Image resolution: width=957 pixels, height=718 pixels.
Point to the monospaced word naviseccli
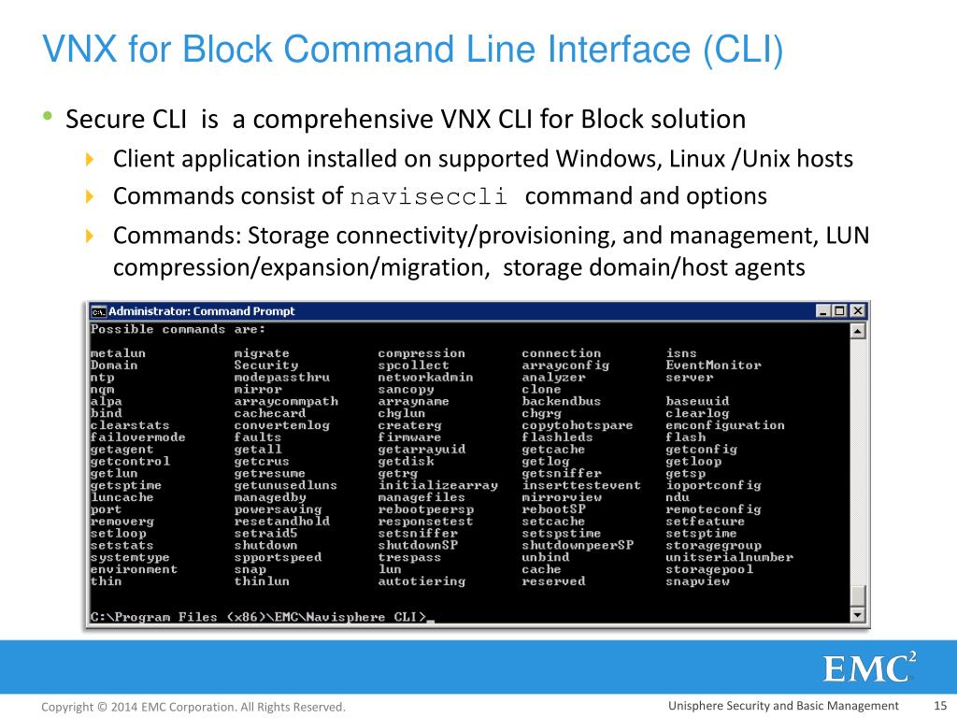click(428, 197)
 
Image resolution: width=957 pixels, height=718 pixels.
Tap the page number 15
click(940, 706)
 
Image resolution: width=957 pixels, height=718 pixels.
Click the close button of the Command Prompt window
click(858, 311)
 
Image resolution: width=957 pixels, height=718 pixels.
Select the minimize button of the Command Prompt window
click(823, 311)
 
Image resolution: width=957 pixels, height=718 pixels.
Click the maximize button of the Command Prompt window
click(840, 311)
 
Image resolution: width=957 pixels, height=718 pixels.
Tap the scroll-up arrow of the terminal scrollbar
click(858, 330)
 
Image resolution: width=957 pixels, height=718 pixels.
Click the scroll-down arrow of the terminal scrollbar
click(858, 615)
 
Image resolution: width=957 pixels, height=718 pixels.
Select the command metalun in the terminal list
click(118, 353)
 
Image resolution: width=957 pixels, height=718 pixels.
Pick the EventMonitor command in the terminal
click(713, 366)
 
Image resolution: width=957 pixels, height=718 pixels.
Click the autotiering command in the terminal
click(421, 582)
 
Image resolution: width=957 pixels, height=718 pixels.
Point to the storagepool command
click(708, 569)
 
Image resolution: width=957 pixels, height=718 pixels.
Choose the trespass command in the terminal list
click(409, 557)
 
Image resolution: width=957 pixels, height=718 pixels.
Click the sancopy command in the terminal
click(406, 389)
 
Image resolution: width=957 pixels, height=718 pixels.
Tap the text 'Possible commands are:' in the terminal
click(178, 329)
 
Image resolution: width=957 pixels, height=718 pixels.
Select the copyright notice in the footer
click(193, 707)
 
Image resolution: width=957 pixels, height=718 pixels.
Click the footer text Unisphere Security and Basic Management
click(783, 706)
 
